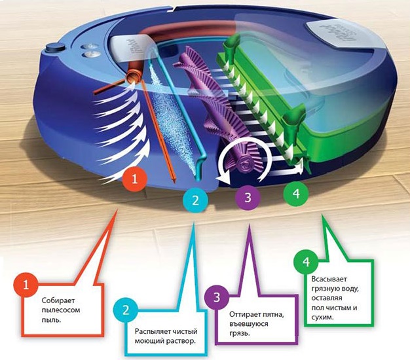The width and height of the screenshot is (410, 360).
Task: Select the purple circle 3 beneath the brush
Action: tap(247, 196)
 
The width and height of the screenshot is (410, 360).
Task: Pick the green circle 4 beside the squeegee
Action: tap(295, 194)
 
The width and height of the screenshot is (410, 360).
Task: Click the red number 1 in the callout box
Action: tap(26, 286)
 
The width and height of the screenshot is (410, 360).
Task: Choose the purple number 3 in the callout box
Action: tap(217, 298)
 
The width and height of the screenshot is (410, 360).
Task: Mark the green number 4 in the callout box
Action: tap(305, 261)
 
